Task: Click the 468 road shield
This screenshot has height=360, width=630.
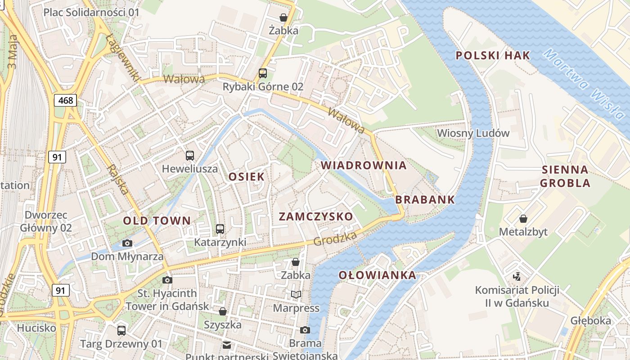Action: coord(66,100)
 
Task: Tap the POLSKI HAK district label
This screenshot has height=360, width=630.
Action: coord(493,56)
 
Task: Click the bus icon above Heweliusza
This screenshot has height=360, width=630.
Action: coord(190,156)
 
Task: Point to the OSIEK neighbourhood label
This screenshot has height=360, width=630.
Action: coord(246,176)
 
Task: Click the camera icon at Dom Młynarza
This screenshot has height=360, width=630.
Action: coord(127,243)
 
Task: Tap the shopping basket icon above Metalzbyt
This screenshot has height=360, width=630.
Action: coord(523,219)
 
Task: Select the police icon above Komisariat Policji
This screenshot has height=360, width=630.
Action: coord(517,276)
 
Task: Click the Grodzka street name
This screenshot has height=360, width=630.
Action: coord(335,239)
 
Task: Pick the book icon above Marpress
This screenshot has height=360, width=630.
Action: coord(296,295)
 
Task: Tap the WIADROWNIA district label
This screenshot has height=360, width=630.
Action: coord(364,165)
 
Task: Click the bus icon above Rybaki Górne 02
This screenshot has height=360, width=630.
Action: coord(263,73)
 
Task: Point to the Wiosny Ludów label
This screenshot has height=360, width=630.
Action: coord(473,133)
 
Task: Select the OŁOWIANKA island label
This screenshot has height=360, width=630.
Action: coord(377,275)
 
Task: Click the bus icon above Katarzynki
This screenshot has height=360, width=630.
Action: coord(220,229)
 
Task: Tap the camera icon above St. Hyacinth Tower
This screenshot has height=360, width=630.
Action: coord(167,280)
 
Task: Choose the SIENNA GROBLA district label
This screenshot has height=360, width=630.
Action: coord(565,176)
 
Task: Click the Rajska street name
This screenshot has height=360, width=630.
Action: coord(118,179)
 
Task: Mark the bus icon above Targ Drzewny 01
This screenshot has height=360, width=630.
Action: coord(121,331)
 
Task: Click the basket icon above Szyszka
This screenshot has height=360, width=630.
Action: coord(222,311)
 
